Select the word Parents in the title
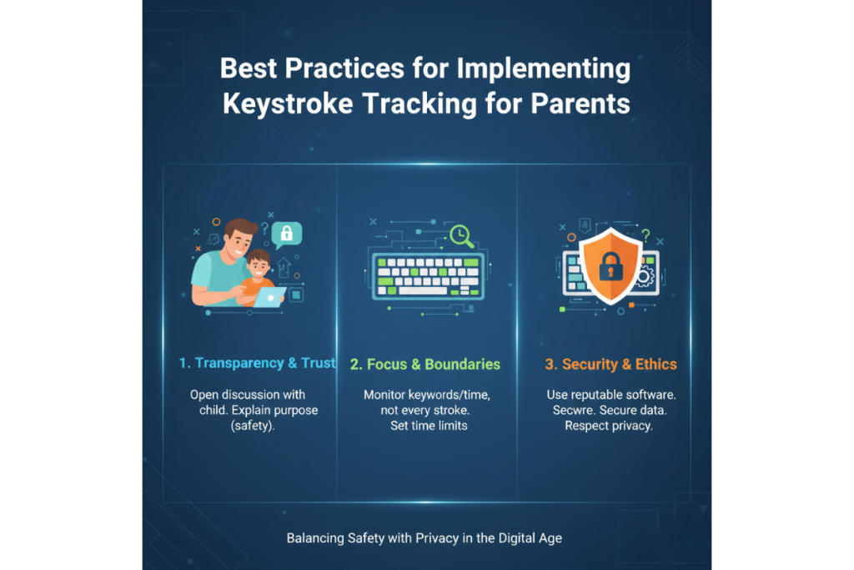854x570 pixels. pyautogui.click(x=583, y=106)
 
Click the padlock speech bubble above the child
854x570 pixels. pyautogui.click(x=287, y=234)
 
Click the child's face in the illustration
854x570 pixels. pyautogui.click(x=260, y=266)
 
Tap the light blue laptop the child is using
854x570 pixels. pyautogui.click(x=269, y=296)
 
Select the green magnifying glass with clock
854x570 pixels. pyautogui.click(x=460, y=236)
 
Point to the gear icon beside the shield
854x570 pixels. pyautogui.click(x=643, y=277)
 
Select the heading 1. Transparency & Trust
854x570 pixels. pyautogui.click(x=257, y=364)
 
